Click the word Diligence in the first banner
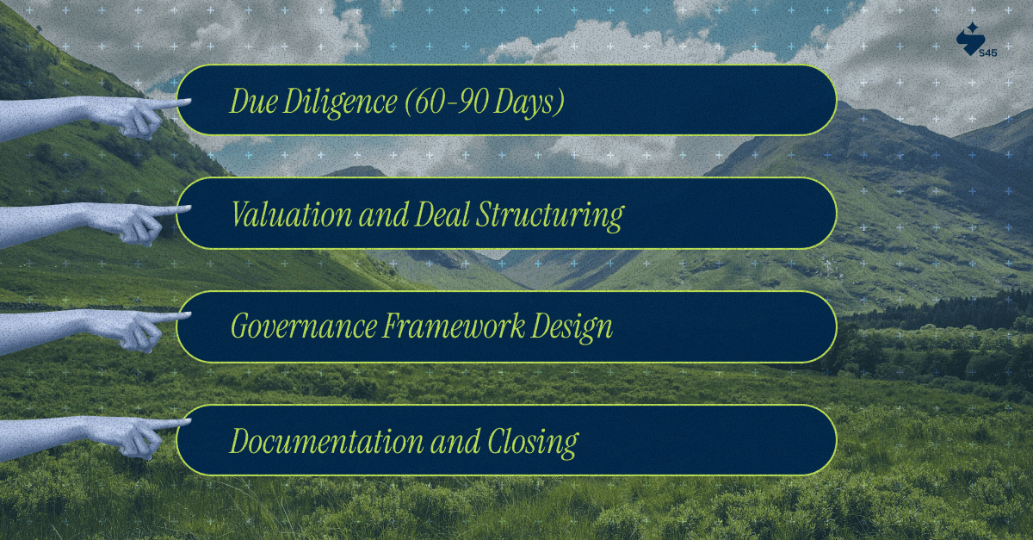[x=339, y=102]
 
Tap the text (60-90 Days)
[x=485, y=102]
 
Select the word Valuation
[x=292, y=214]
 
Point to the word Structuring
[x=550, y=216]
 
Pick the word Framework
[x=454, y=326]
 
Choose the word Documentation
[x=326, y=441]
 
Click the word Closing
[x=533, y=443]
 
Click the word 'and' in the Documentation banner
[x=455, y=442]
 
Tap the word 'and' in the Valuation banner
[x=384, y=214]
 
